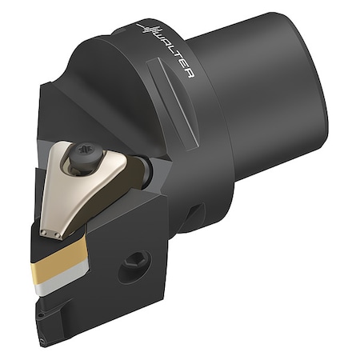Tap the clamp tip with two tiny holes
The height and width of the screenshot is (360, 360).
(50, 233)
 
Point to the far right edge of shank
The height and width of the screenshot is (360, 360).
(326, 96)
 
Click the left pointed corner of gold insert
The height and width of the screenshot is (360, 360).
(34, 272)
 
